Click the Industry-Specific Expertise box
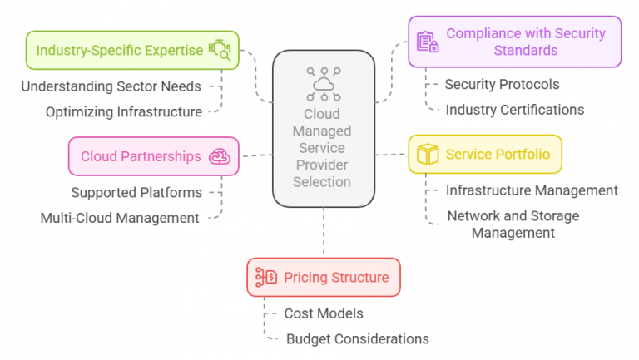coord(132,50)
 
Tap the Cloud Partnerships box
coord(154,156)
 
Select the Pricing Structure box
coord(324,278)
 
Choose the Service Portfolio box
coord(485,155)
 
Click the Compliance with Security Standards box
coord(515,42)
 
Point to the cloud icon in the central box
coord(324,84)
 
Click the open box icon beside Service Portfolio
coord(428,155)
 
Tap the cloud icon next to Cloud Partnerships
coord(220,156)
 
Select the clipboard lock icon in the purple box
coord(428,42)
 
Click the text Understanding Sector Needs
coord(111,86)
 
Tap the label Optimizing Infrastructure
coord(124,112)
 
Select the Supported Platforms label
coord(136,193)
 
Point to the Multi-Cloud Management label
coord(120,219)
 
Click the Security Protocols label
coord(502,84)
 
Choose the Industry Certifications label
coord(515,110)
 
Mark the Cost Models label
coord(324,313)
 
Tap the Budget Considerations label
coord(358,339)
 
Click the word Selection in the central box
coord(322,181)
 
